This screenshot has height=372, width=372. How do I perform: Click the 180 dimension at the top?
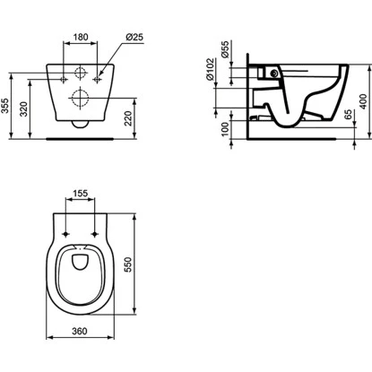click(80, 38)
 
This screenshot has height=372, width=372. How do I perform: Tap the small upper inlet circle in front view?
click(80, 73)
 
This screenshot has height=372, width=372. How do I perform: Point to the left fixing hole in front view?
click(64, 82)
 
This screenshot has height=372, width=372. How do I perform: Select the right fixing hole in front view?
click(97, 82)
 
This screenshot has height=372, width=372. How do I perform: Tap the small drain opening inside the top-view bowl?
click(81, 262)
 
